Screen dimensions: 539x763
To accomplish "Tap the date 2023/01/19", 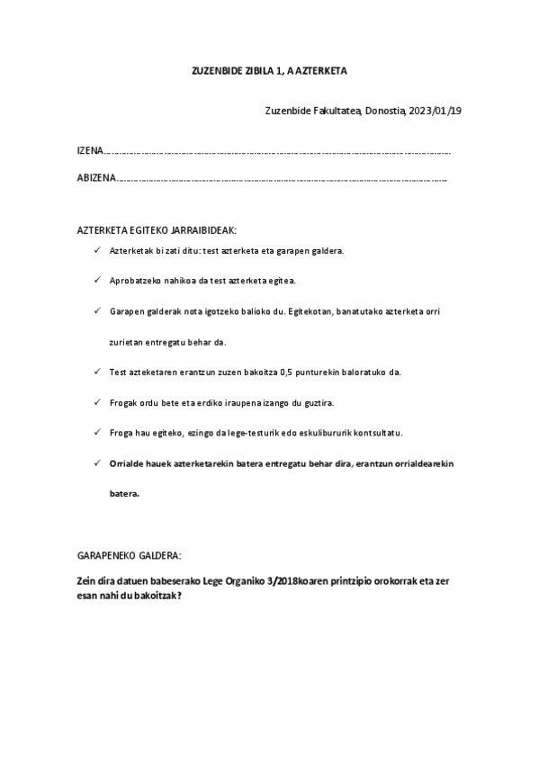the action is pos(436,112).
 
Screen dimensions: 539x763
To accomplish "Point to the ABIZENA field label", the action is pos(96,179).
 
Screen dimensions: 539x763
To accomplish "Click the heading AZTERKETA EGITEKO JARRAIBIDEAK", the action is pos(157,230).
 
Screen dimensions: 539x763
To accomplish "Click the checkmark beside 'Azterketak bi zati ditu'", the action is pos(97,250).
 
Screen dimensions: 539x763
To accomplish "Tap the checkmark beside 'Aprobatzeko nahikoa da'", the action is pos(97,280).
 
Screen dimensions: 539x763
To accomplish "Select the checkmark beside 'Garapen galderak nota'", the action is pos(97,310).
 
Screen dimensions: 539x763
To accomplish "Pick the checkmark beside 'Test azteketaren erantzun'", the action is pos(97,371).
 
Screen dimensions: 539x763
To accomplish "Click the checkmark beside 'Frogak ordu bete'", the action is pos(97,401).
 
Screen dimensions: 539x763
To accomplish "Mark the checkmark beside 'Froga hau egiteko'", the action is pos(97,432).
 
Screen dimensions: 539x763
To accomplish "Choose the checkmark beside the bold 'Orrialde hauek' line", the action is pos(97,462).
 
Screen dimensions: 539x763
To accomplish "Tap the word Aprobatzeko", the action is pos(134,281).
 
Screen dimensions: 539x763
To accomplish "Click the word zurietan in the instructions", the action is pos(126,341).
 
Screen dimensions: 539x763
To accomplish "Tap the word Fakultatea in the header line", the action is pos(335,112).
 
